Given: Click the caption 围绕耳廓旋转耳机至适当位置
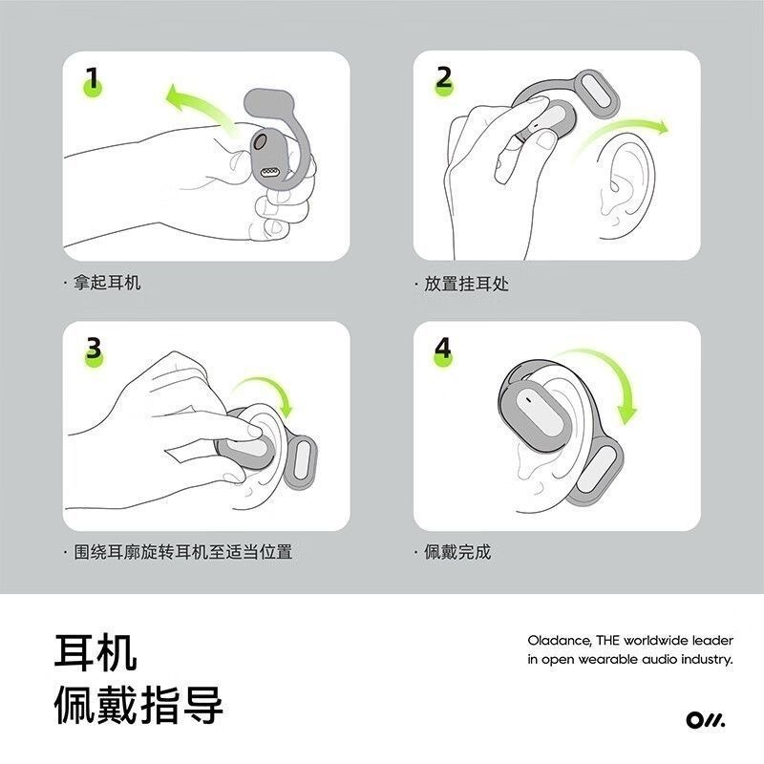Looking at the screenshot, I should [182, 552].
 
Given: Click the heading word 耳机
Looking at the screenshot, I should [95, 651].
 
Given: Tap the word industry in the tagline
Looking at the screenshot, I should [702, 660].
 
